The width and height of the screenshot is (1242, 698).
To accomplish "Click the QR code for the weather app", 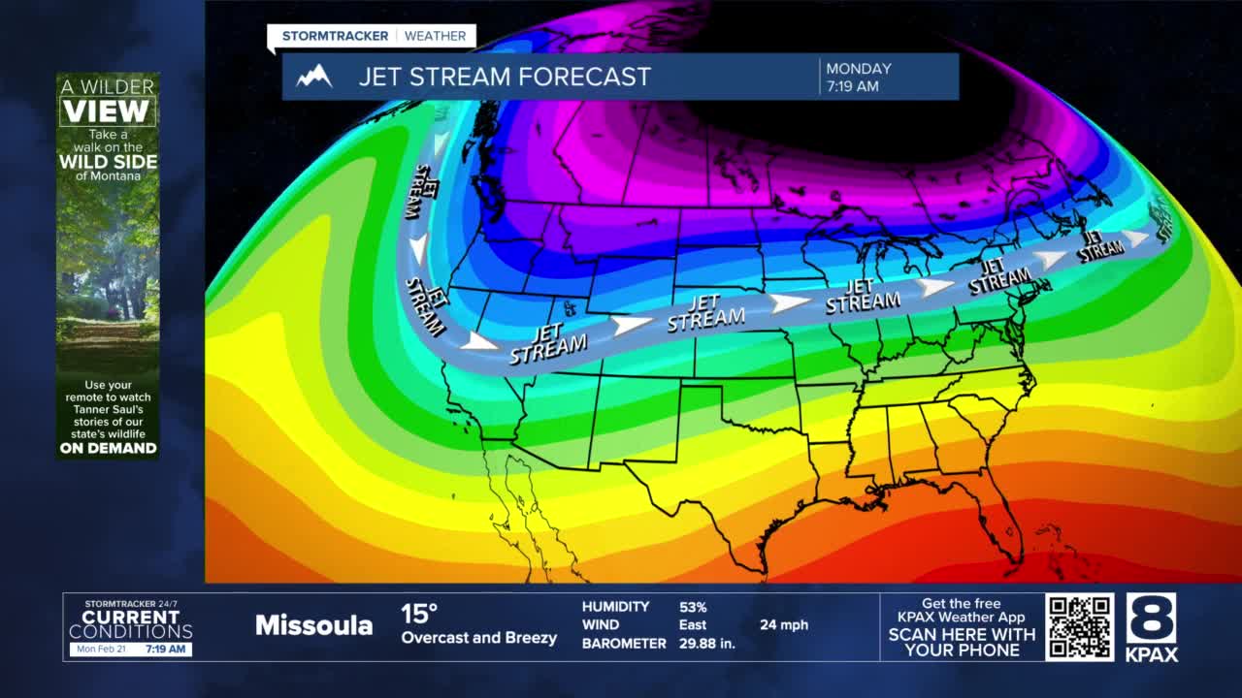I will tap(1079, 627).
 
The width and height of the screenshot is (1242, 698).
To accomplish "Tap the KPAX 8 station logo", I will tap(1152, 627).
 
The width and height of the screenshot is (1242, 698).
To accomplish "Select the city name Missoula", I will tap(313, 625).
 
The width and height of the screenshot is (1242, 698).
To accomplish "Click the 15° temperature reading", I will tap(419, 614).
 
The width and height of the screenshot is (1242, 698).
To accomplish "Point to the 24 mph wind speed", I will tap(783, 625).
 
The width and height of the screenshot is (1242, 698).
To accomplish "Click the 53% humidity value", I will tap(693, 607).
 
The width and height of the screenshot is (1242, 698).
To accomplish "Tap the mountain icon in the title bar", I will tap(314, 77).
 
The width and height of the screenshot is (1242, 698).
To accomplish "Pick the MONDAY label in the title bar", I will tap(858, 69).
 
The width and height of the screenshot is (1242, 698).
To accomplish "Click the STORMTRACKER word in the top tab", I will tap(335, 36).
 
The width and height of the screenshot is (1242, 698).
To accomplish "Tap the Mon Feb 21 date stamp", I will tap(100, 649).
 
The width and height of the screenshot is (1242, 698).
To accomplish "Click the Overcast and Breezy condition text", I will tap(478, 638).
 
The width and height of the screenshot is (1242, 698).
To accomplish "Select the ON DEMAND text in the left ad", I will tap(108, 448).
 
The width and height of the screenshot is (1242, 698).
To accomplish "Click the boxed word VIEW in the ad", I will tap(107, 111).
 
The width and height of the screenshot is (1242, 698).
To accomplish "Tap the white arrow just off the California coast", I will tap(478, 341).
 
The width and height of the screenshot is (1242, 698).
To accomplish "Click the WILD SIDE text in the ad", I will tap(108, 162).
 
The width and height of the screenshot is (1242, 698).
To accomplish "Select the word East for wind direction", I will tap(693, 625).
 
